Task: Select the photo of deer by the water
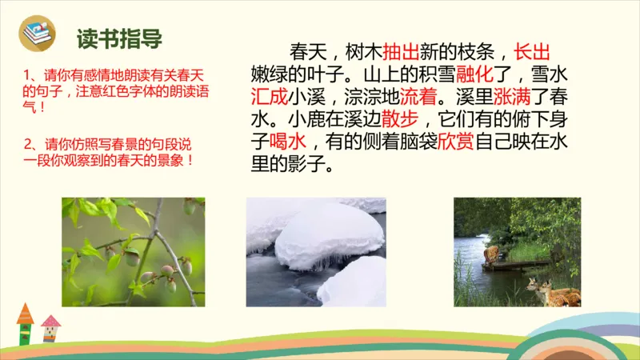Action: tap(517, 252)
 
